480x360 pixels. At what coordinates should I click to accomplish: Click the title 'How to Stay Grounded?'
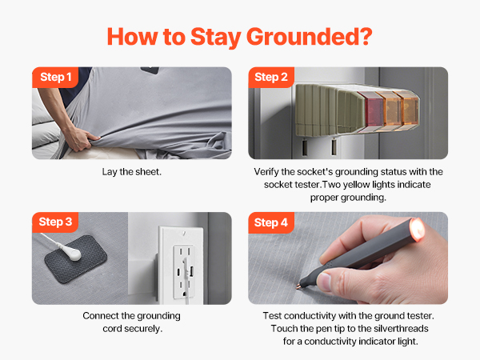(240, 37)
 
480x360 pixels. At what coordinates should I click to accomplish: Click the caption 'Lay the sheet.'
(131, 172)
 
